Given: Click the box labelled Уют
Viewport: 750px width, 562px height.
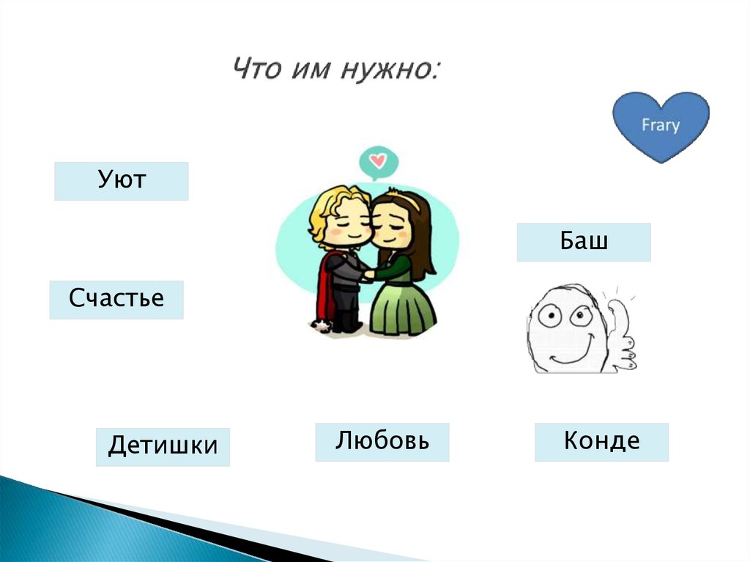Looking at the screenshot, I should (x=121, y=181).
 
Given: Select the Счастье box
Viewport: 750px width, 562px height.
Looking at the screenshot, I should (x=116, y=300).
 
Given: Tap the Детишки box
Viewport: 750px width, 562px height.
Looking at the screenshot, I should (x=162, y=447).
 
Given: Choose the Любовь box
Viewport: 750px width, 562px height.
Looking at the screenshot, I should (x=382, y=442).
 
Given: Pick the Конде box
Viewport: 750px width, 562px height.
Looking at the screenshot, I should (x=601, y=442).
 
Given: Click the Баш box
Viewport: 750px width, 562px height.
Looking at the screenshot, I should (x=583, y=242).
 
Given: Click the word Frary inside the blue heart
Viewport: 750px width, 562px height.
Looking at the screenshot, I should (x=660, y=125).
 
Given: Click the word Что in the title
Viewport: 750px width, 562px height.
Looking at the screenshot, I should (x=256, y=70).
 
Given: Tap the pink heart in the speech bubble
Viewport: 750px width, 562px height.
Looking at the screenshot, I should (x=378, y=159).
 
